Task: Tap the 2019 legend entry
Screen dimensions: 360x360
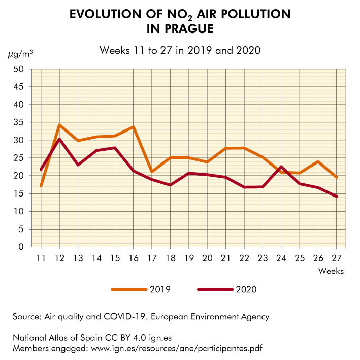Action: point(159,290)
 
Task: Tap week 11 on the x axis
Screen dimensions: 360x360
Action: point(41,257)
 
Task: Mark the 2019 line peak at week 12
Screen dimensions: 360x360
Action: point(59,125)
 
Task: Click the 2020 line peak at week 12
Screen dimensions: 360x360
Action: point(59,139)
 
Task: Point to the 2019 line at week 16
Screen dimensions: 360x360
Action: point(133,127)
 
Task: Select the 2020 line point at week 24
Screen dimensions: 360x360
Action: point(281,167)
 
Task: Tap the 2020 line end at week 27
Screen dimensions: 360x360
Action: point(336,197)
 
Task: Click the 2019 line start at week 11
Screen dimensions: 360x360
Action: point(41,186)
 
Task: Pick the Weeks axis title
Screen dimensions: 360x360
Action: point(331,271)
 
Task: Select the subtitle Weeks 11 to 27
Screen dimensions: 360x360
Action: point(180,50)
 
